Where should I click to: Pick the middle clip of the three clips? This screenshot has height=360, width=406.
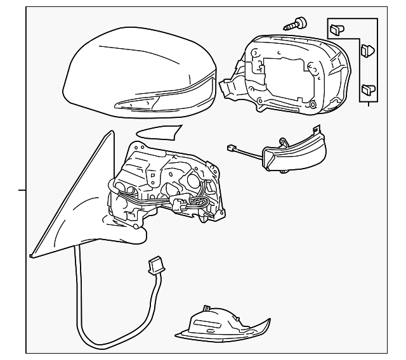tap(365, 49)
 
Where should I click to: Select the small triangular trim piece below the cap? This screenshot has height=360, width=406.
tap(159, 131)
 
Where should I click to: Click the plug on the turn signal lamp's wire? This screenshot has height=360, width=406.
tap(232, 149)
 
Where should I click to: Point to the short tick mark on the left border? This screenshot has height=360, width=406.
tap(22, 189)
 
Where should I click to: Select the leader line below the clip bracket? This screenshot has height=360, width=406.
tap(368, 102)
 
